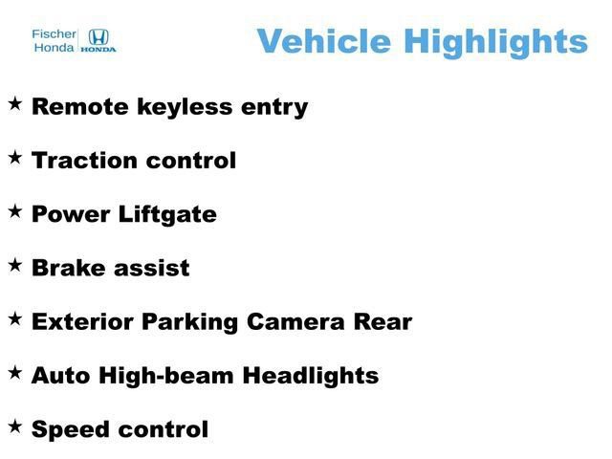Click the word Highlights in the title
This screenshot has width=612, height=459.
pyautogui.click(x=494, y=41)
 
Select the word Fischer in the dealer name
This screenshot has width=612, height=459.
pyautogui.click(x=55, y=33)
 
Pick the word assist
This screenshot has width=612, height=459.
pyautogui.click(x=151, y=268)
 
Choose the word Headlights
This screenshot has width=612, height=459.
pyautogui.click(x=311, y=376)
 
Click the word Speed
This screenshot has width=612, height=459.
pyautogui.click(x=71, y=430)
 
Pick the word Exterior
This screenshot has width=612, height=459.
pyautogui.click(x=83, y=321)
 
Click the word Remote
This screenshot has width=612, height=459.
pyautogui.click(x=79, y=106)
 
